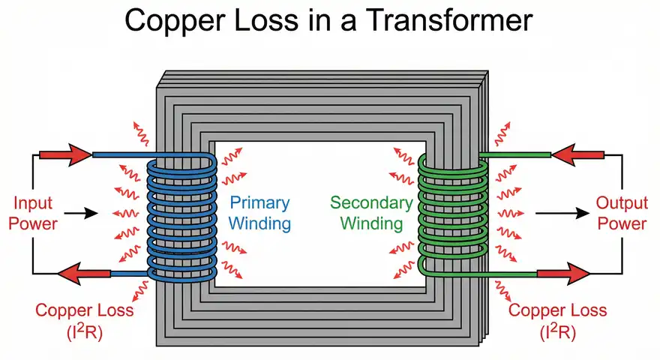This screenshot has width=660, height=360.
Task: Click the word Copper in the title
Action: coord(172,20)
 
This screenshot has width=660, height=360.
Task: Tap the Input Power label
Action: coord(34,214)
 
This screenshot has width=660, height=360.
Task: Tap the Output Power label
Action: coord(621,214)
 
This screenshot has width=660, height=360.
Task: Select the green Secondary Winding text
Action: coord(371,214)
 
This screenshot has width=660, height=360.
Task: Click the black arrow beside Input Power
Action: coord(87,214)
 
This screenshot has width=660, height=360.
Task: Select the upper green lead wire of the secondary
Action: coord(517,155)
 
